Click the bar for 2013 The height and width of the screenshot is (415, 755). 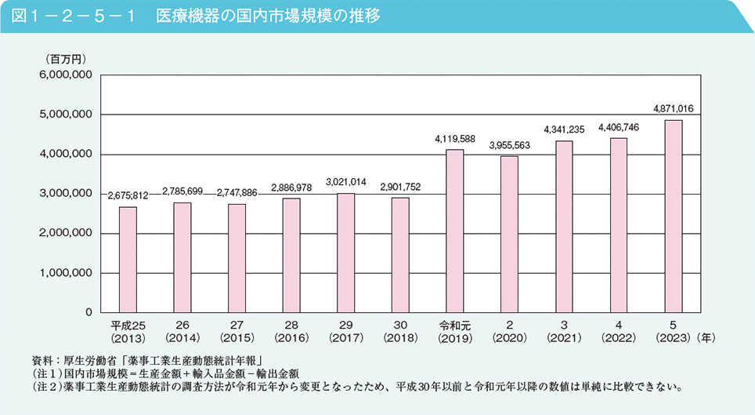(x=128, y=260)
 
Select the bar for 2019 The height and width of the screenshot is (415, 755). (x=455, y=231)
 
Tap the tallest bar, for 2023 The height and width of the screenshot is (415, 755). (x=673, y=216)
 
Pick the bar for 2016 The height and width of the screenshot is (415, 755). (x=291, y=255)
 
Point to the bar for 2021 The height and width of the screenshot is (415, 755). (x=564, y=227)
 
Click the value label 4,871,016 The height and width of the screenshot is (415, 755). (x=672, y=108)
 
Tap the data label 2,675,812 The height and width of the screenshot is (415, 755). (x=128, y=195)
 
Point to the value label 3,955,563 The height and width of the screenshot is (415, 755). (x=509, y=144)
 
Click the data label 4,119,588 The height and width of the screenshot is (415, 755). (x=455, y=138)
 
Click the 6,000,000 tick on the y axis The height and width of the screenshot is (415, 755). (x=66, y=75)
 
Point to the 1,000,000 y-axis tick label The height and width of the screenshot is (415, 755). (x=66, y=273)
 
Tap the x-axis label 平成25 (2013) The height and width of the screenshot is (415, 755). (x=128, y=332)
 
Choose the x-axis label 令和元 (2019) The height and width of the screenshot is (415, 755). (x=455, y=332)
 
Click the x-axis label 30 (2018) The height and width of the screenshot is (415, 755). (x=400, y=332)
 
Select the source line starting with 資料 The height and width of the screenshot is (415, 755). (x=141, y=360)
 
